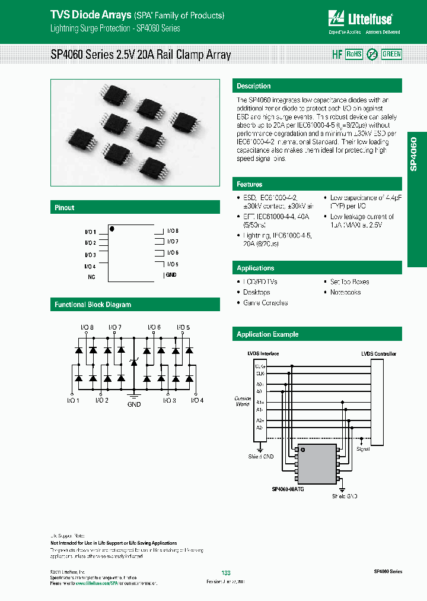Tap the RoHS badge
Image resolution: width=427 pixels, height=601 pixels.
pyautogui.click(x=353, y=54)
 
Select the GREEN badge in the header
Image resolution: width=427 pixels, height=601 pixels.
pyautogui.click(x=391, y=54)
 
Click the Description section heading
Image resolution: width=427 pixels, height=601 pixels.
pyautogui.click(x=254, y=86)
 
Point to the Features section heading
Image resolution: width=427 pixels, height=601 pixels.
pyautogui.click(x=250, y=185)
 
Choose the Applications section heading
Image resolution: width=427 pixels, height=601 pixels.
pyautogui.click(x=256, y=268)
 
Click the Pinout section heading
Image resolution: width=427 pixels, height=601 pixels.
pyautogui.click(x=65, y=208)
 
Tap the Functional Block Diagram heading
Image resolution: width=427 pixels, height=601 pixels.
pyautogui.click(x=93, y=305)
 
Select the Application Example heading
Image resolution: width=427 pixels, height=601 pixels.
pyautogui.click(x=267, y=334)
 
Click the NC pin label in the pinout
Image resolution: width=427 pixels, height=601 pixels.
pyautogui.click(x=91, y=277)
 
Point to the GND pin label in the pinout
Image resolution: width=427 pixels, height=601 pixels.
pyautogui.click(x=171, y=275)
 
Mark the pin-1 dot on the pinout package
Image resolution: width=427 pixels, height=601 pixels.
pyautogui.click(x=111, y=228)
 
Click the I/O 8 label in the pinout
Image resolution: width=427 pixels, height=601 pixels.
pyautogui.click(x=173, y=230)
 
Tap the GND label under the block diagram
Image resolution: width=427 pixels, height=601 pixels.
pyautogui.click(x=134, y=404)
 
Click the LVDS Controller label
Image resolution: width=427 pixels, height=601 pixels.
pyautogui.click(x=378, y=354)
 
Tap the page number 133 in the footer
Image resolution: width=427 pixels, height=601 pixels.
pyautogui.click(x=225, y=572)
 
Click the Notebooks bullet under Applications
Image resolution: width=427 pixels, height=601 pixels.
pyautogui.click(x=345, y=292)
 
